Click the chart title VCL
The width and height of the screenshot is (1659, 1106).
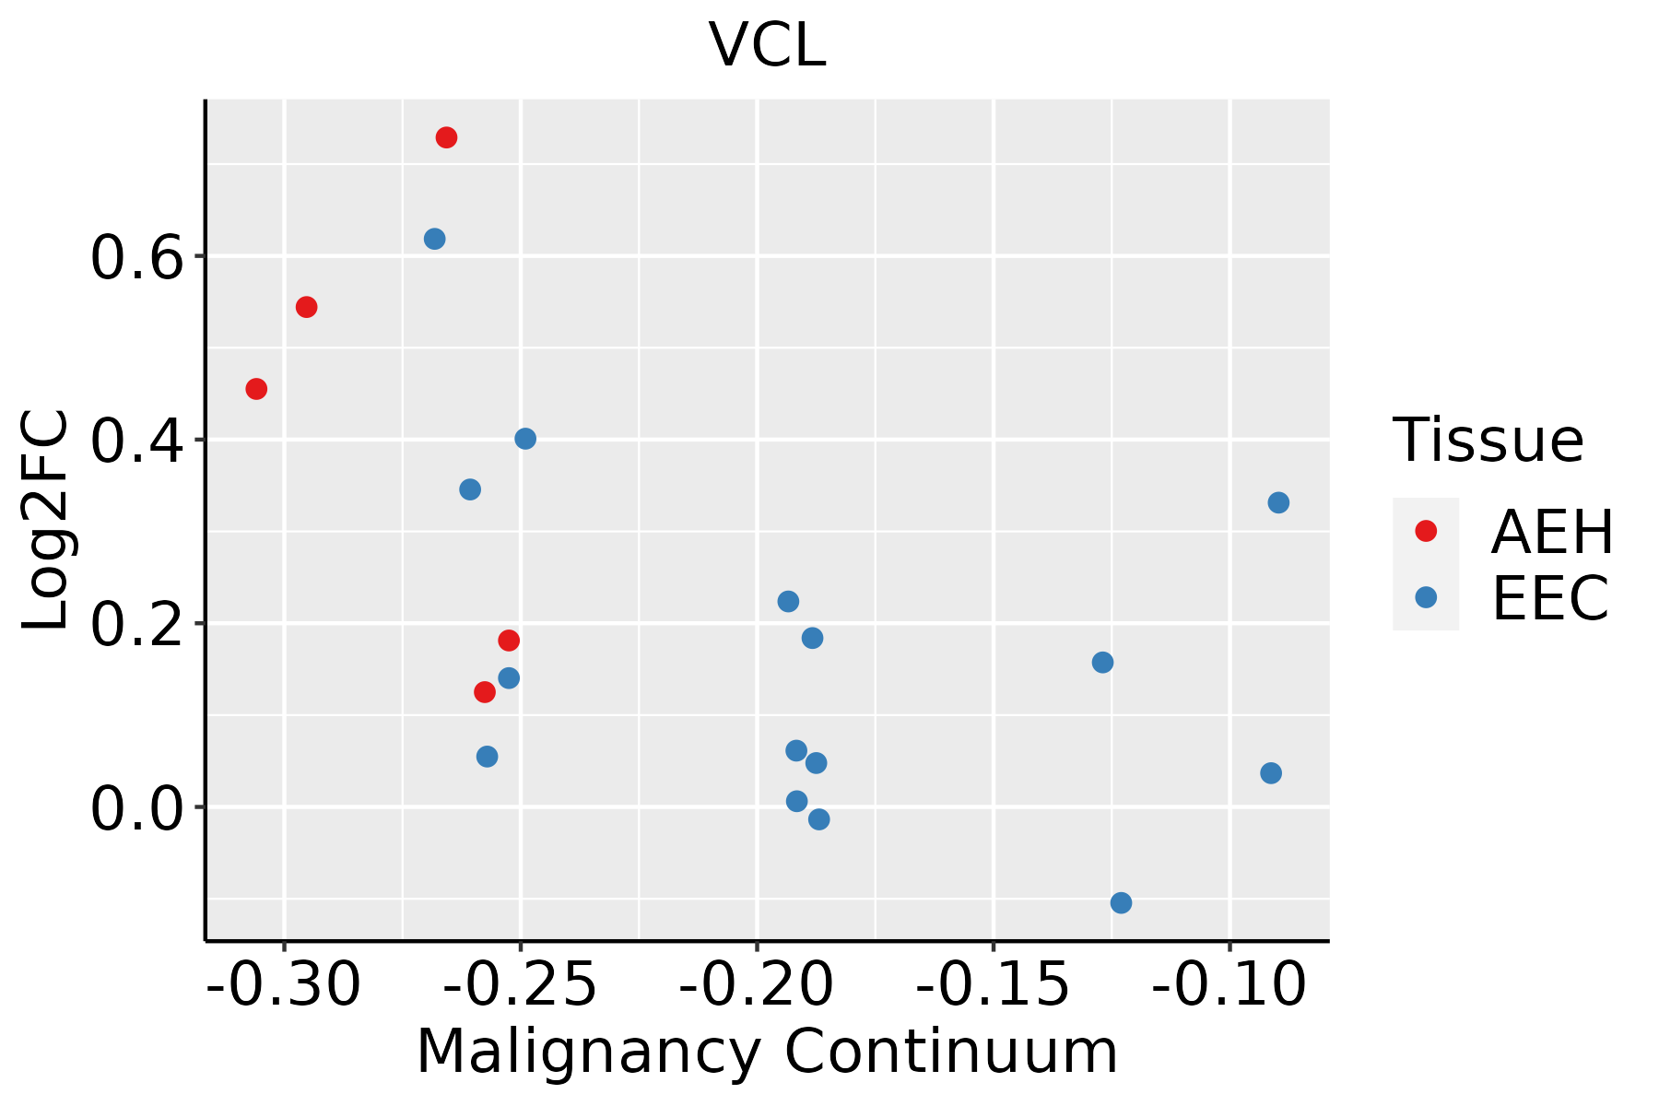coord(767,45)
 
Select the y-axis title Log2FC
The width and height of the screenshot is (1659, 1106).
coord(46,521)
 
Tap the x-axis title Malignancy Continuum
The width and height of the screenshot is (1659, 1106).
coord(767,1052)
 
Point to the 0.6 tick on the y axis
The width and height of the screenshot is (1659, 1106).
coord(138,258)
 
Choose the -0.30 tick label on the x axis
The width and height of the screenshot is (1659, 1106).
coord(284,985)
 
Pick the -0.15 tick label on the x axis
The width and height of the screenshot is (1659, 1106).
coord(993,985)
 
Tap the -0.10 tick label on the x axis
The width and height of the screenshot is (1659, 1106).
coord(1229,985)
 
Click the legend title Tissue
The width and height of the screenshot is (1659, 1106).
coord(1488,441)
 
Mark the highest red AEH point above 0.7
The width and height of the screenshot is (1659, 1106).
coord(446,138)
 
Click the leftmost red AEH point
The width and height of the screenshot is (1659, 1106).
coord(256,389)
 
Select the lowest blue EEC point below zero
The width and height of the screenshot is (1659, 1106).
coord(1121,902)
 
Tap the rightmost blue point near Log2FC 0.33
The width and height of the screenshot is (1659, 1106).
coord(1277,502)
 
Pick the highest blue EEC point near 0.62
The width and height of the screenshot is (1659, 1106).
coord(435,239)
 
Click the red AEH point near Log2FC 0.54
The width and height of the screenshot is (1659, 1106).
coord(307,307)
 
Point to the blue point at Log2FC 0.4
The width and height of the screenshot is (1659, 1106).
coord(525,439)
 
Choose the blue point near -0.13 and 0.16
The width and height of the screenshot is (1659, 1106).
coord(1102,663)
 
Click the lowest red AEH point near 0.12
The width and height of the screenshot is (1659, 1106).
coord(485,692)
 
